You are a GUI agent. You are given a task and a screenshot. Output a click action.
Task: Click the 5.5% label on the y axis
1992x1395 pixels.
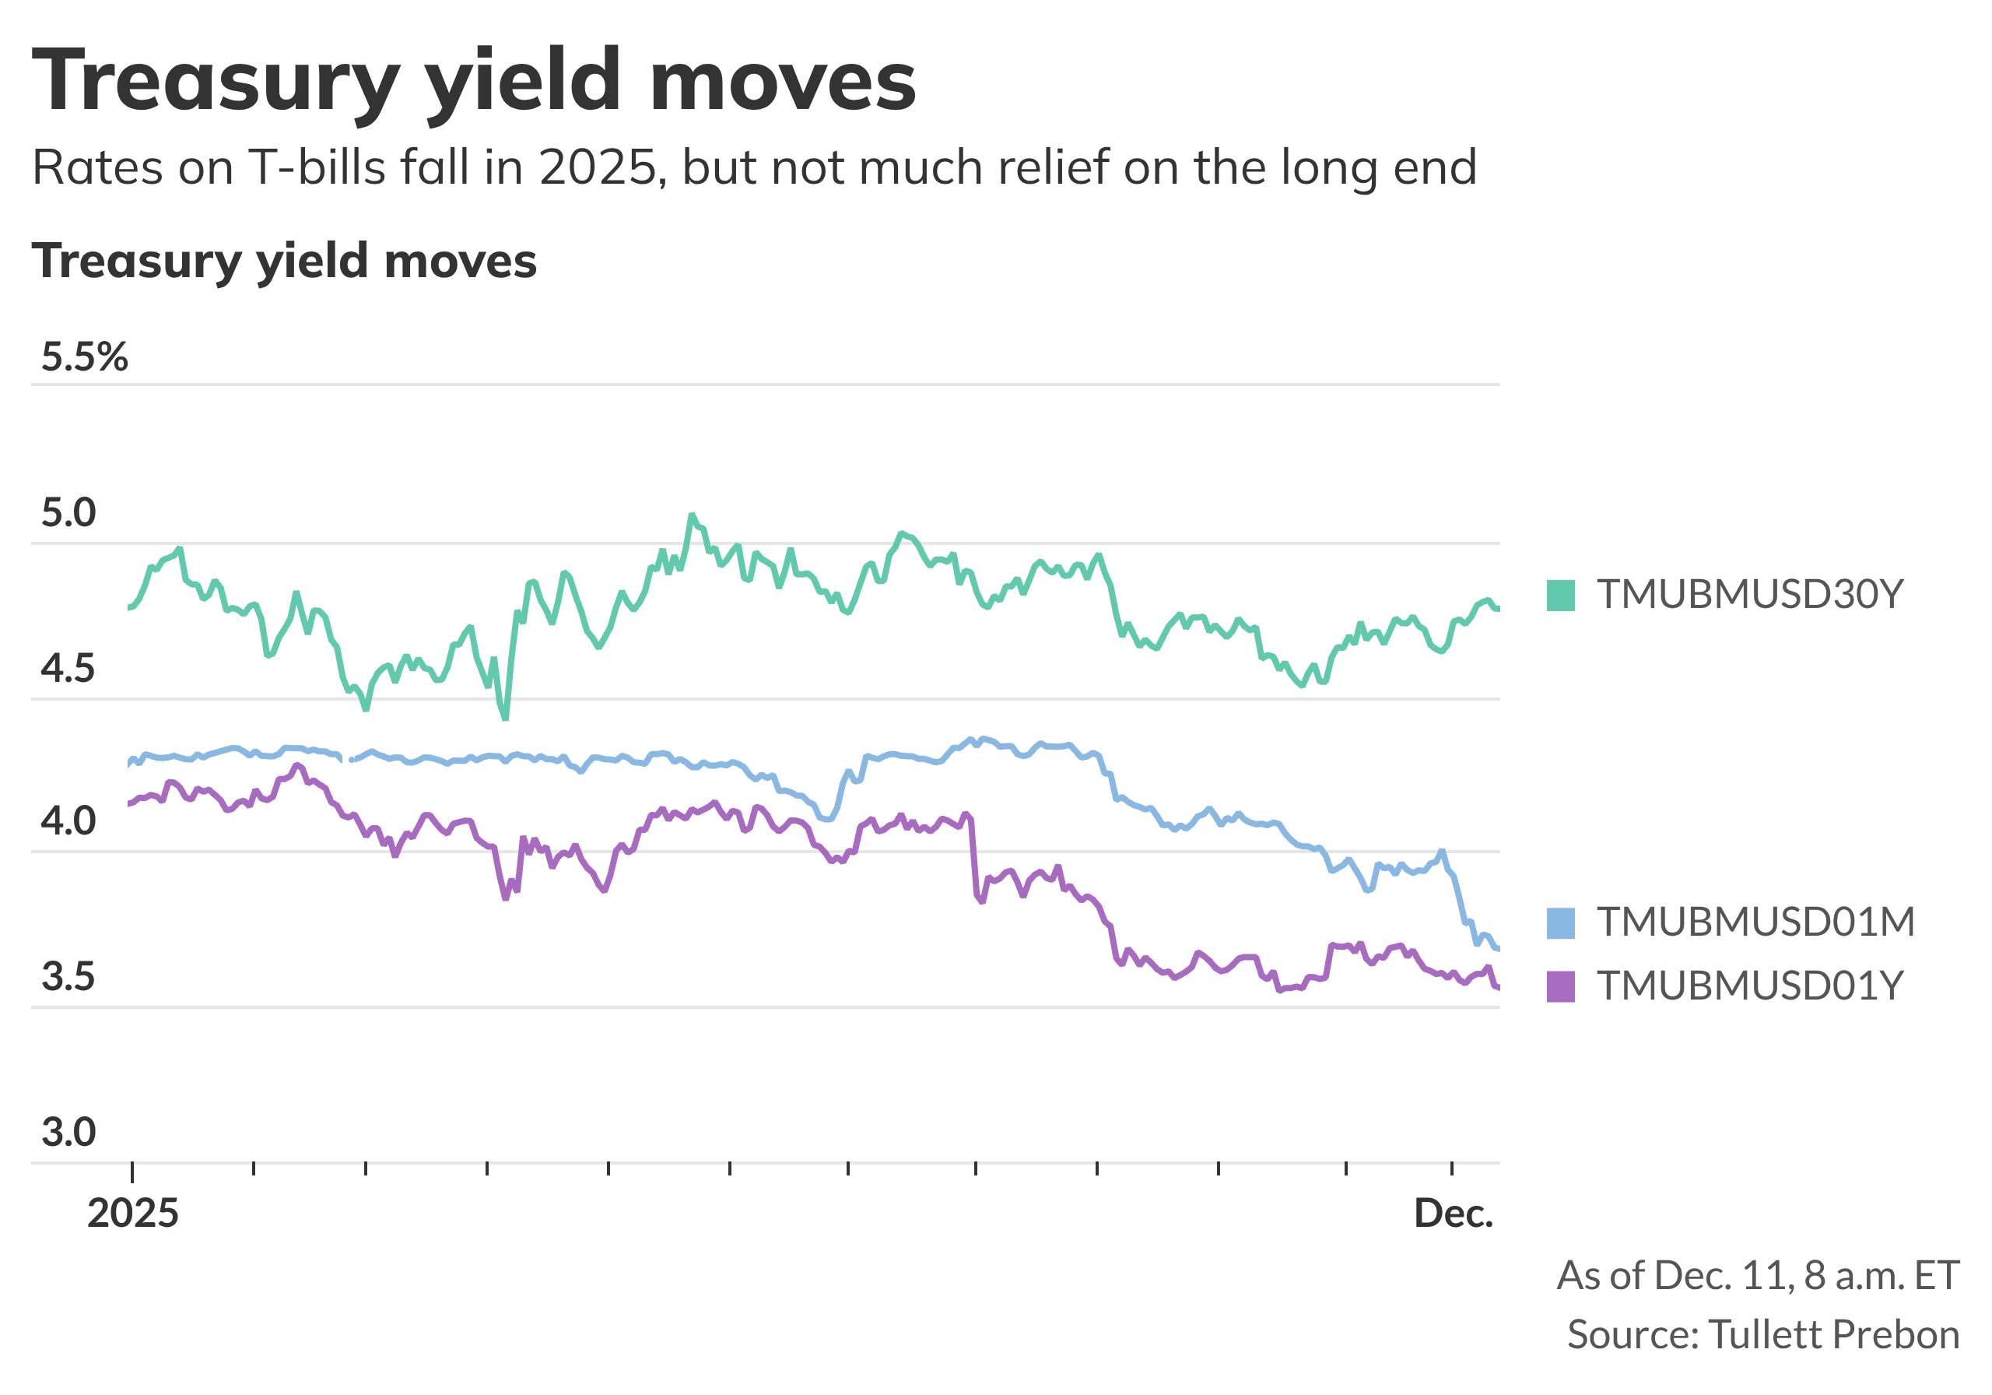(x=84, y=357)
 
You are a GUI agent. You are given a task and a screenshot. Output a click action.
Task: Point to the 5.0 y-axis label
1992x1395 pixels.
(x=68, y=513)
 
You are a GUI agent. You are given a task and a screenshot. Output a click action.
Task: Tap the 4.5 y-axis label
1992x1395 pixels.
(x=68, y=669)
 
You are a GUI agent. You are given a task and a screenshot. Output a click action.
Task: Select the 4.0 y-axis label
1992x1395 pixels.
(x=68, y=821)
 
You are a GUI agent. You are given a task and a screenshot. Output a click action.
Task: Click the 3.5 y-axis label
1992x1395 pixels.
(x=68, y=977)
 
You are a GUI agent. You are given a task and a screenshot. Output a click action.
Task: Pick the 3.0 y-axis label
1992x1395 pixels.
(x=68, y=1132)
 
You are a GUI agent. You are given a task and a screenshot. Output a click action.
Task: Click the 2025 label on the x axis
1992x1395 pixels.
(x=133, y=1213)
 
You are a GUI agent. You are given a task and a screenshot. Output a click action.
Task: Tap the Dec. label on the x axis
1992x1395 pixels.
(x=1454, y=1213)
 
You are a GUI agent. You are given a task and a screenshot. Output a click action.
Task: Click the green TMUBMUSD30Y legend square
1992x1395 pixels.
(x=1560, y=596)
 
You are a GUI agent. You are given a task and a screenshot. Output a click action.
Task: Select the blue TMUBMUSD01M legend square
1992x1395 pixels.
(x=1560, y=922)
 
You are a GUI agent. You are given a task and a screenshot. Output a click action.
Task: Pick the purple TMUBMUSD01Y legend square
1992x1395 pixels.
(x=1560, y=986)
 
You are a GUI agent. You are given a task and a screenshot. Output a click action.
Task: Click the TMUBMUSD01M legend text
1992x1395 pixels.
(x=1755, y=922)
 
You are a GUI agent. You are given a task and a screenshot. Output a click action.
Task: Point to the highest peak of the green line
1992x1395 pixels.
(x=692, y=515)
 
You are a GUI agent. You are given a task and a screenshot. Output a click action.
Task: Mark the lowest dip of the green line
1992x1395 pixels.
(x=505, y=718)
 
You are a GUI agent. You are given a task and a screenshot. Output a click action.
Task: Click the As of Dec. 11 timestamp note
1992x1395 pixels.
(x=1758, y=1275)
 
